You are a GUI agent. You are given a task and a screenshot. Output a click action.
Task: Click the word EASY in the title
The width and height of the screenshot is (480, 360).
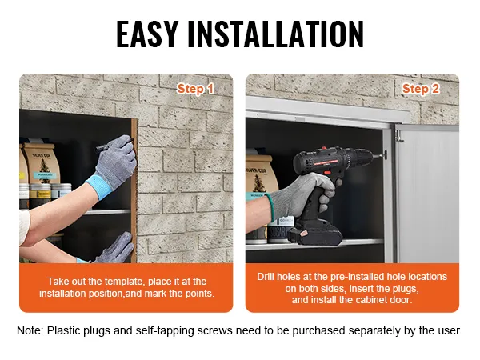[x=147, y=34]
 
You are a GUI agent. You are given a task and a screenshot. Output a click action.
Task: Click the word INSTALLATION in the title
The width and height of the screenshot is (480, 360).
[x=276, y=34]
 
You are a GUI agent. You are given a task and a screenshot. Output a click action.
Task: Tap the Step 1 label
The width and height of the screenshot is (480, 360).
[x=195, y=89]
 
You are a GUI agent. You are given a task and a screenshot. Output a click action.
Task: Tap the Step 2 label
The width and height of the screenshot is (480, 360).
[x=421, y=89]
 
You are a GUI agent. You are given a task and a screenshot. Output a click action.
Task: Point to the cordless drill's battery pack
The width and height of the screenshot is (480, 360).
[x=314, y=234]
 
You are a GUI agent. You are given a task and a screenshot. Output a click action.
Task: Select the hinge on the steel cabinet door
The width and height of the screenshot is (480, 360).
[x=398, y=135]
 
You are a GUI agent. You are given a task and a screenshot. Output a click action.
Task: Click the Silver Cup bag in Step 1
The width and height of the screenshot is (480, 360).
[x=41, y=163]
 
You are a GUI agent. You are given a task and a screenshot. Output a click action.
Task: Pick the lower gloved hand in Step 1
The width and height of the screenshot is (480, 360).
[x=115, y=249]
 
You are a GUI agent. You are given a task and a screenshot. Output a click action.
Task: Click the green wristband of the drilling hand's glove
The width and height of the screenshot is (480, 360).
[x=270, y=207]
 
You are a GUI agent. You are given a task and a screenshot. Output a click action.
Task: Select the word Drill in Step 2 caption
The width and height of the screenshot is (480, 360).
[x=266, y=277]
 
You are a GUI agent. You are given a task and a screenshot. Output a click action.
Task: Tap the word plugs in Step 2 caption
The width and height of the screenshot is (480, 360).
[x=404, y=289]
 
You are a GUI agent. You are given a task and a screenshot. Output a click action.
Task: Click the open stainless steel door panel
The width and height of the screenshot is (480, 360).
[x=427, y=194]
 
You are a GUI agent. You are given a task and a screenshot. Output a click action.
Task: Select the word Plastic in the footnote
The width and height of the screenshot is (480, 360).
[x=62, y=330]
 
